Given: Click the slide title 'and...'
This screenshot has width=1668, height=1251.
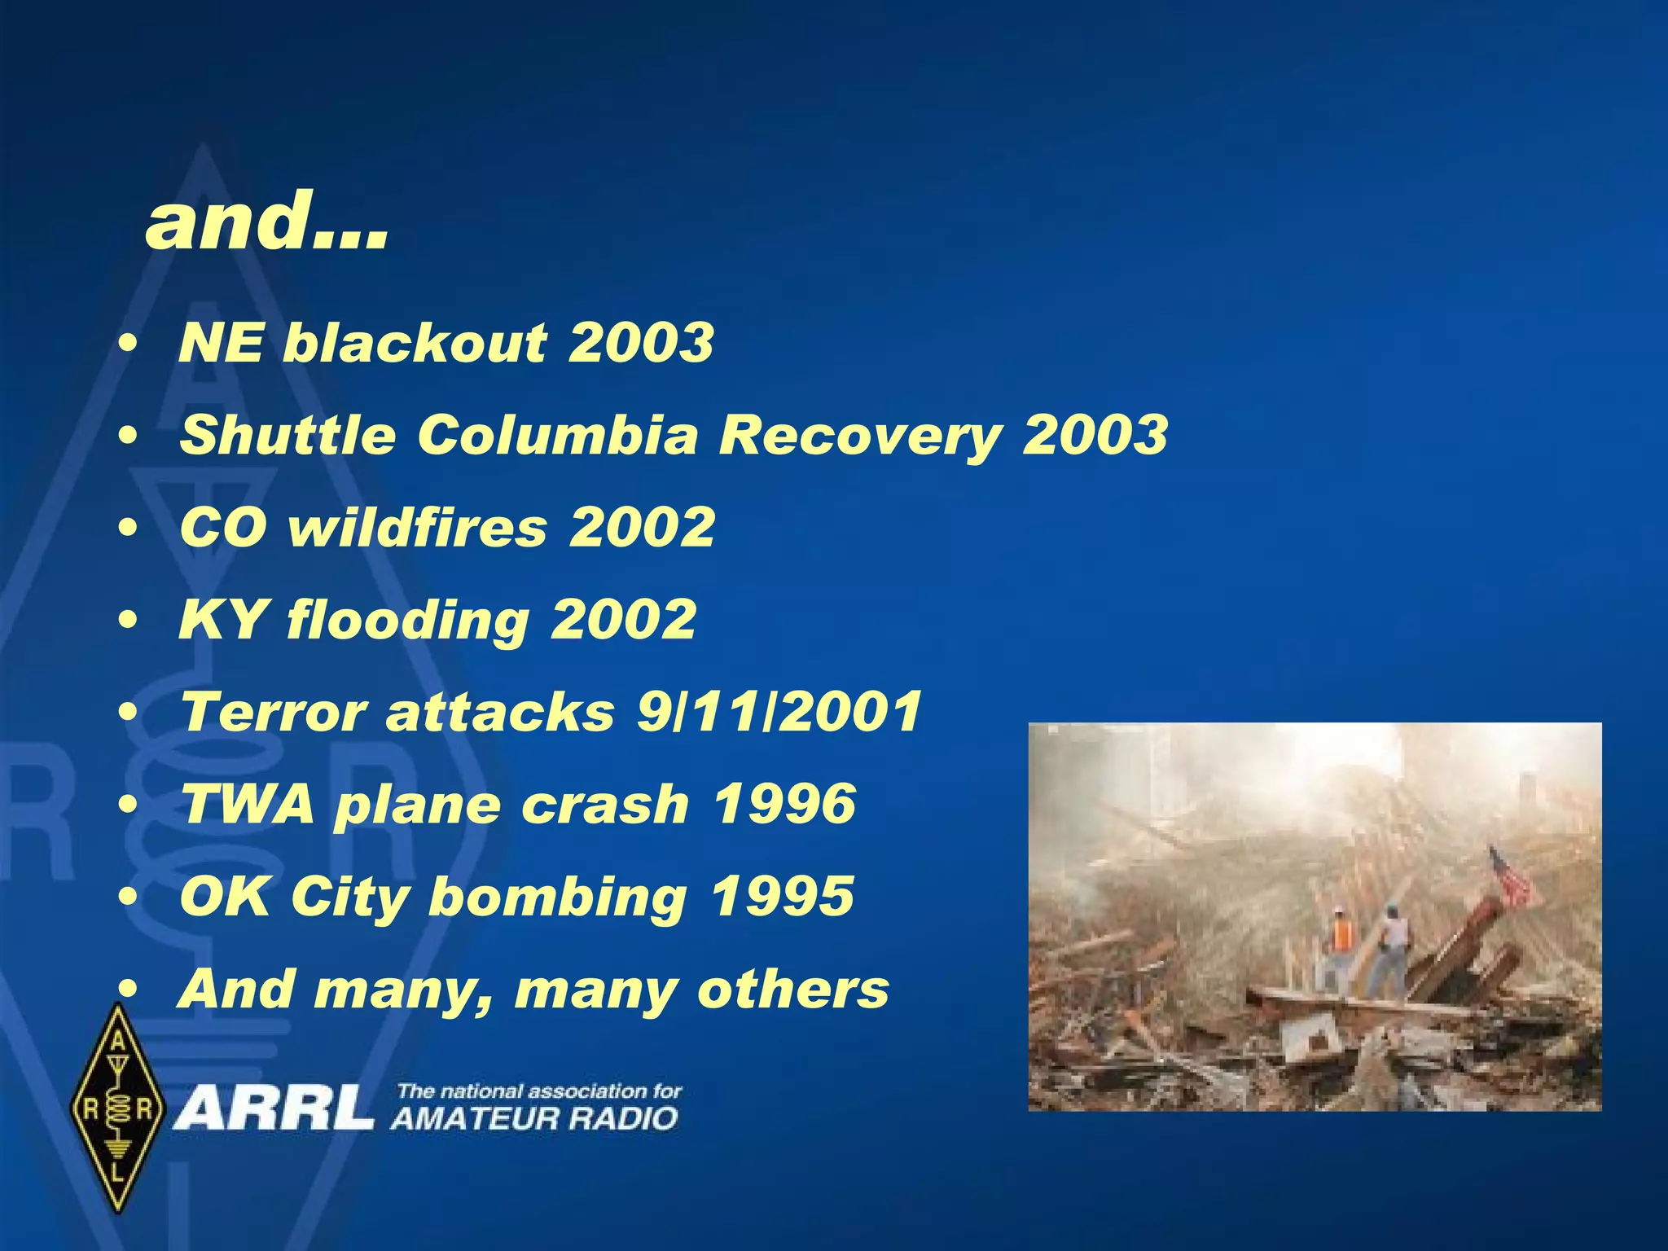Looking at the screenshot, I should pos(266,222).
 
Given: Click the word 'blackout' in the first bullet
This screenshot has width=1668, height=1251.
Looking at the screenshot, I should pos(414,342).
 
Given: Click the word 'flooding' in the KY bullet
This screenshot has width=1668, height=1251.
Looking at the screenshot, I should pos(408,620).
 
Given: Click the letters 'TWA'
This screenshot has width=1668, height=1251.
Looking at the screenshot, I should pos(247,805).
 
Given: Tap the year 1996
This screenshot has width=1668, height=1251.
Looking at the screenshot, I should pos(784,805).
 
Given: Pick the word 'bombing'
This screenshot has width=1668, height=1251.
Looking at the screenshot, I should pos(557,897).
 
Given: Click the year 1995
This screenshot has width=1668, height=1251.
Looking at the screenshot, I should pos(782,897).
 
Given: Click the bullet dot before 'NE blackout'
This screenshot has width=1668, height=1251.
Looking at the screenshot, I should pos(127,344).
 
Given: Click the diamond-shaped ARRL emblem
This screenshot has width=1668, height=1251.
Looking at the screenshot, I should pos(119,1108).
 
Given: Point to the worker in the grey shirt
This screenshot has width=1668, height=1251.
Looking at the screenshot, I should pos(1390,945).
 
